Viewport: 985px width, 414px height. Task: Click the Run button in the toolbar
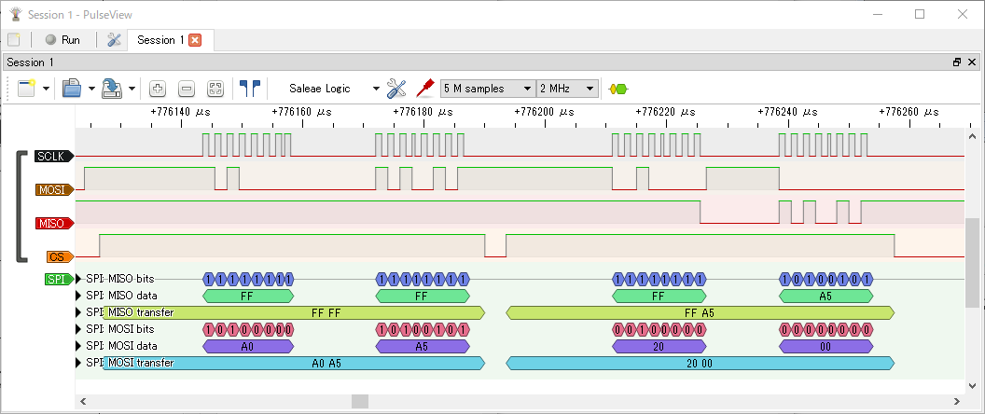(x=62, y=40)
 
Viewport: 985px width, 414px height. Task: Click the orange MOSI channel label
(x=53, y=189)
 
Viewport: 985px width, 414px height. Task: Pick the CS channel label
(x=55, y=256)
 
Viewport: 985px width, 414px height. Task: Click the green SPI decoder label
(x=56, y=279)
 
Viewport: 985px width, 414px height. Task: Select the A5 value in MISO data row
(x=825, y=296)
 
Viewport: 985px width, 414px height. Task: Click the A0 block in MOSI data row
(x=247, y=346)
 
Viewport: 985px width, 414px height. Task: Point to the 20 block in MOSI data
(x=658, y=346)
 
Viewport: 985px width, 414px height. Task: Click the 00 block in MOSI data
(x=825, y=346)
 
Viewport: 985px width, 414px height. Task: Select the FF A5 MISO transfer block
(x=700, y=312)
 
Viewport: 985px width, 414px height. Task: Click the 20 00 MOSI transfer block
(x=700, y=363)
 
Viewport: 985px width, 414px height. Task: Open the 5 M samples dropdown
(x=487, y=89)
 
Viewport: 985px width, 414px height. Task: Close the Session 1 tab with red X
(x=195, y=40)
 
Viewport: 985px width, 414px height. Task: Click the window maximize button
(x=919, y=14)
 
